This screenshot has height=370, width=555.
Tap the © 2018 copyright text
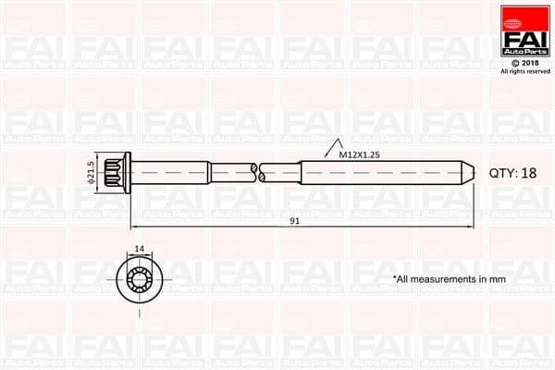pyautogui.click(x=524, y=62)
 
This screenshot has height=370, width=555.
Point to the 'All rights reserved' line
pyautogui.click(x=524, y=71)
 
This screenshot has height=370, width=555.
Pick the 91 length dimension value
pyautogui.click(x=294, y=220)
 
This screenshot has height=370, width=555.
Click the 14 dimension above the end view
pyautogui.click(x=141, y=249)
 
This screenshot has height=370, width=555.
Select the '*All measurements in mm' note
pyautogui.click(x=449, y=278)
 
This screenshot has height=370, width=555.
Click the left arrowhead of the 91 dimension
pyautogui.click(x=134, y=227)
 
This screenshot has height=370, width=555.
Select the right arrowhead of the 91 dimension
pyautogui.click(x=472, y=227)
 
